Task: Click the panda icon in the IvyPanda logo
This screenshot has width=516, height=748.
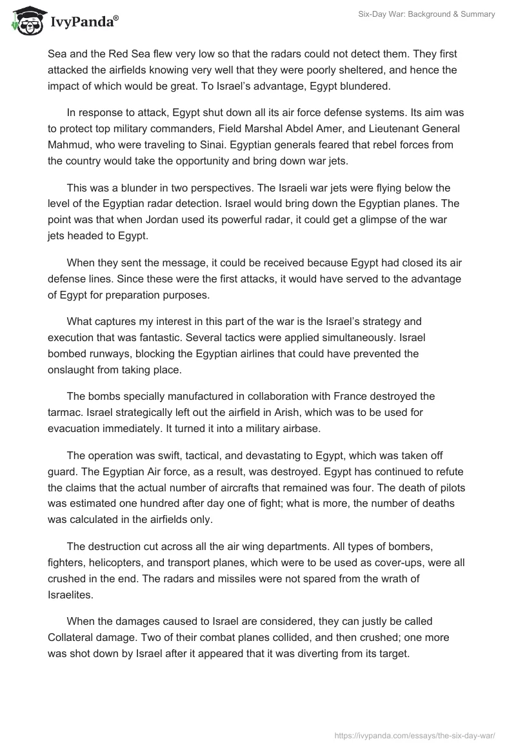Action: pos(25,21)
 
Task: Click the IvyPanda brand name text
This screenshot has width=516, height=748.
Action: pos(84,22)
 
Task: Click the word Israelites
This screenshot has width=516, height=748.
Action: pos(69,594)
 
